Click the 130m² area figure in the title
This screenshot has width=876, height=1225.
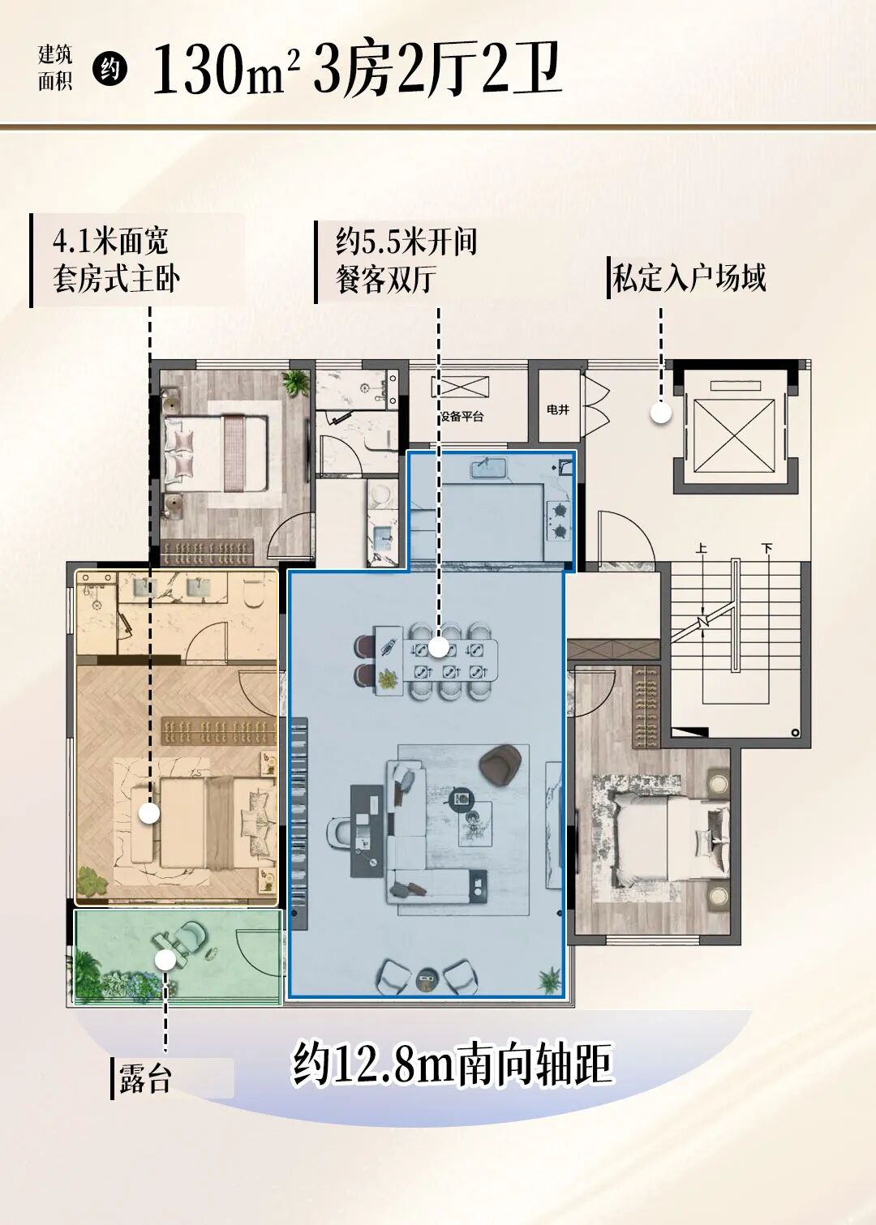point(225,70)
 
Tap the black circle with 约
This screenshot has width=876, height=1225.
point(109,69)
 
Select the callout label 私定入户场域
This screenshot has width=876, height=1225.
point(689,278)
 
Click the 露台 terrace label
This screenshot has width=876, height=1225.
point(146,1079)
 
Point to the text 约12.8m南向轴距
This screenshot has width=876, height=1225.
point(452,1064)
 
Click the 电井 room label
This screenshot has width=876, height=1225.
point(558,409)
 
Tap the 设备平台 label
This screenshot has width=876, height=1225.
point(462,417)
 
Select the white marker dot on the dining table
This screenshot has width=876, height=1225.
point(438,647)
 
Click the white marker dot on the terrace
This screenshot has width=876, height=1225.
point(165,960)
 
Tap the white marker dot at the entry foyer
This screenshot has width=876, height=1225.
point(661,413)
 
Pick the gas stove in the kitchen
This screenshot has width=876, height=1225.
point(559,520)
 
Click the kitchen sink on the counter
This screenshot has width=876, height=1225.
point(489,468)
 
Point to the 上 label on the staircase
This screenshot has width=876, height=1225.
point(702,549)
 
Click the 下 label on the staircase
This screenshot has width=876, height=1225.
point(766,549)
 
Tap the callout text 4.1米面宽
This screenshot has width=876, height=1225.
point(110,241)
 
